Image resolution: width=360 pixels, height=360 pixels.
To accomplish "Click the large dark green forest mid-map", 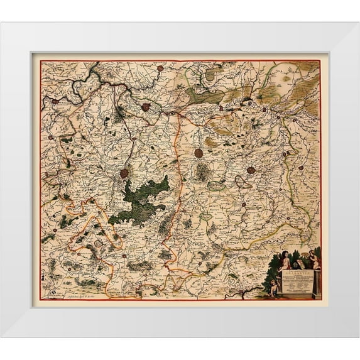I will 142,199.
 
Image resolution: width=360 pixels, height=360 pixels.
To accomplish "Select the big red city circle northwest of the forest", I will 124,173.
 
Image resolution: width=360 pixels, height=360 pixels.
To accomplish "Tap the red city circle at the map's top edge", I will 160,67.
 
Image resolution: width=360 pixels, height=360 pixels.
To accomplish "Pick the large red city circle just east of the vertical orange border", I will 199,153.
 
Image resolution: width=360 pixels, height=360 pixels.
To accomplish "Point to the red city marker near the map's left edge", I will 56,101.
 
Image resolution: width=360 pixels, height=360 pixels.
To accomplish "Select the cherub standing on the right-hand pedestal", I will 312,257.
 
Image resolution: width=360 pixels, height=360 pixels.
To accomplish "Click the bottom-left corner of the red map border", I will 41,299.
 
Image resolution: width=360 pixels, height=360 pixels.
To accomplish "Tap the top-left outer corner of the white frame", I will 1,23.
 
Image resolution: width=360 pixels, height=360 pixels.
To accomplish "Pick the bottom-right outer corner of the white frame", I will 359,338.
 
